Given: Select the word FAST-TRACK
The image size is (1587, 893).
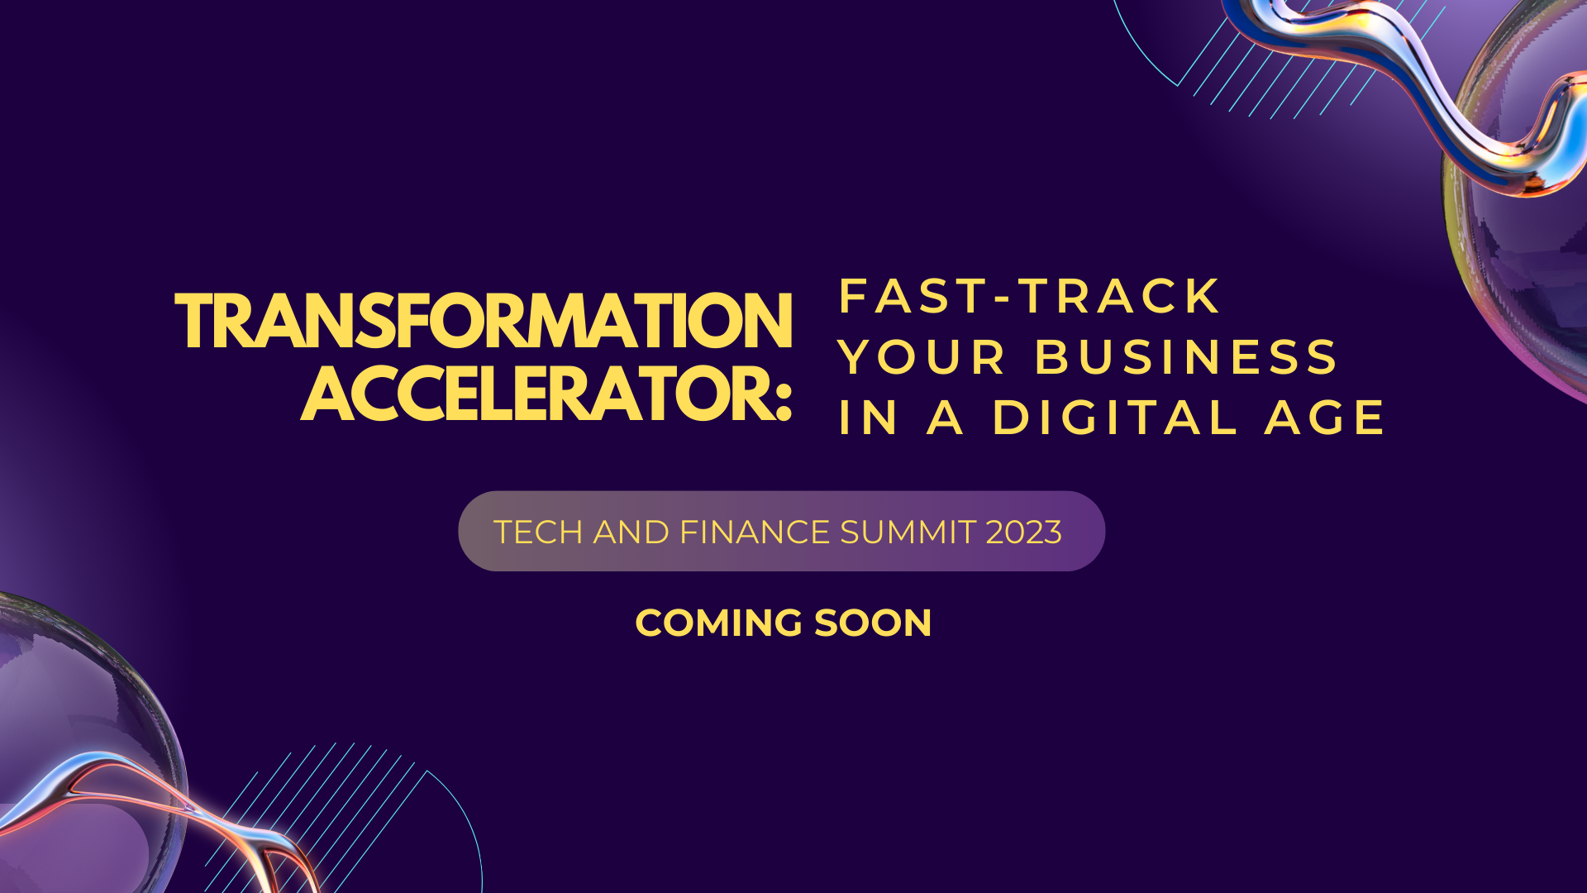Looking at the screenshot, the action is point(1029,296).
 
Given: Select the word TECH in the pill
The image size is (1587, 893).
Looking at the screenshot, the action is point(538,532).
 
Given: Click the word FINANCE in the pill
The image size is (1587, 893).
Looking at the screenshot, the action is point(755,532).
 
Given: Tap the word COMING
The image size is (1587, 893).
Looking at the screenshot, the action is point(719,623).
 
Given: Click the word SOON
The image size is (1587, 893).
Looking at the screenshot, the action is point(873,623).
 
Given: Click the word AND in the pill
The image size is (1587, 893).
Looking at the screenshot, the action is point(631,532).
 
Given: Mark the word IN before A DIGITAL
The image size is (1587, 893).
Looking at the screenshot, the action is point(868,418).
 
